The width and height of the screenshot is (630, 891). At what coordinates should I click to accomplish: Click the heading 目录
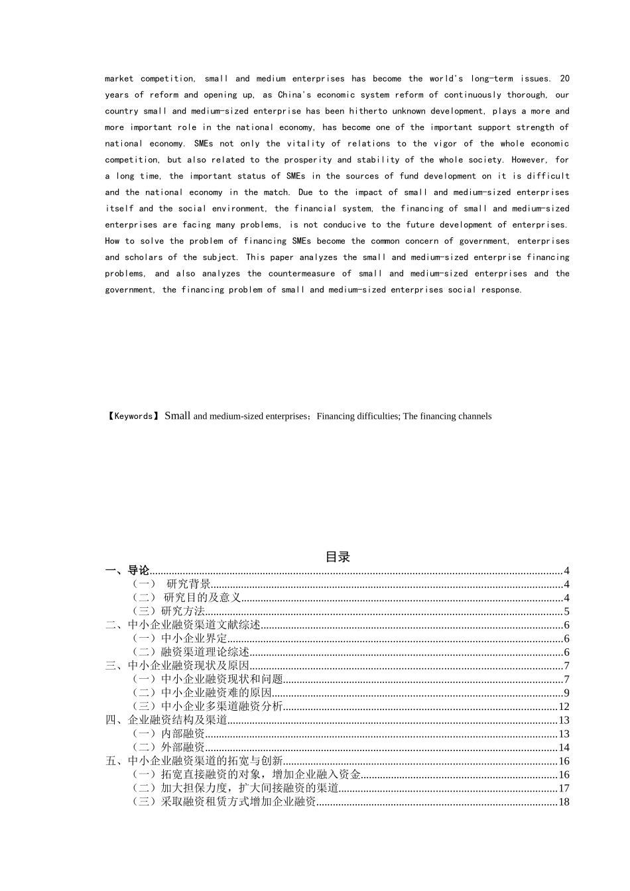(338, 557)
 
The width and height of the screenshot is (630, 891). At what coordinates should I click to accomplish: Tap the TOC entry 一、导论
(127, 570)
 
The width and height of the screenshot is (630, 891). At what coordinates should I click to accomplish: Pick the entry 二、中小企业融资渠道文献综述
(183, 625)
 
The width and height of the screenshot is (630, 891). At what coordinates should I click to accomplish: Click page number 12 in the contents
(564, 707)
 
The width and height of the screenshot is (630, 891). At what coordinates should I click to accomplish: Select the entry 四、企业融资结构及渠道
(166, 720)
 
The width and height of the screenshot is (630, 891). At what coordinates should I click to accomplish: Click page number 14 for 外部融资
(564, 747)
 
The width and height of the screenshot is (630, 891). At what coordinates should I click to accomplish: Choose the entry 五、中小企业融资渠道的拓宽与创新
(194, 761)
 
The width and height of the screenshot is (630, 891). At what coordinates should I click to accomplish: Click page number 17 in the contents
(564, 788)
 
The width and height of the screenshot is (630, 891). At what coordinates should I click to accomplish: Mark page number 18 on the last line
(564, 802)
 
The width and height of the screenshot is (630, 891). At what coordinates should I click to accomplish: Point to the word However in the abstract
(529, 160)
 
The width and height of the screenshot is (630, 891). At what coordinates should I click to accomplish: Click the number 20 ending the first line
(564, 78)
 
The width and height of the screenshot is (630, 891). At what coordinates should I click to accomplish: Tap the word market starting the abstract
(119, 78)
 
